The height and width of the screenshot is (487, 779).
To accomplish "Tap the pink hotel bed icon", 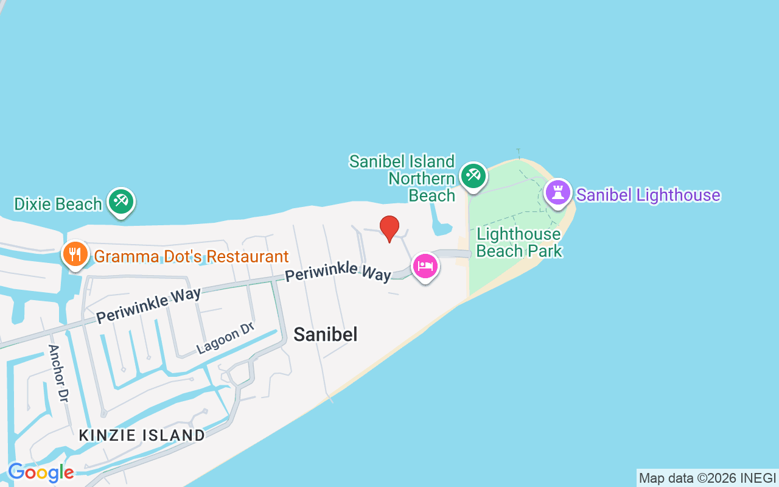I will [425, 267].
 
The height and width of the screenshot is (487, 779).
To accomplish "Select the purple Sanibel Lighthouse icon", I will [557, 193].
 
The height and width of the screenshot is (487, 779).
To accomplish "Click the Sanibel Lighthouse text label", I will [648, 195].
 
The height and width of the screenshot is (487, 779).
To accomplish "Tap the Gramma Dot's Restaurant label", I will [191, 256].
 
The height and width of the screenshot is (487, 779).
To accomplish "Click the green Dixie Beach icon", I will [121, 201].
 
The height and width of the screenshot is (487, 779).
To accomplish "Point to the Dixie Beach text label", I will [58, 204].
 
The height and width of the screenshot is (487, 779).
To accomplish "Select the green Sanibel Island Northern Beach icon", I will [473, 176].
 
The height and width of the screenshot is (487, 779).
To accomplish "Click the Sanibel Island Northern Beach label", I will [402, 178].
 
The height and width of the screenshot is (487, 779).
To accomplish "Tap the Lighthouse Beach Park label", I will [519, 242].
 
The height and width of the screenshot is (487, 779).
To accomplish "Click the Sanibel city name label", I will [325, 334].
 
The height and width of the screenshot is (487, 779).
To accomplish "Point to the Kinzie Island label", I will [142, 435].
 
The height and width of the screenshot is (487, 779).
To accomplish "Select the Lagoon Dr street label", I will [225, 338].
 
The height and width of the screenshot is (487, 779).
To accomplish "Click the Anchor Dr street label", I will [57, 373].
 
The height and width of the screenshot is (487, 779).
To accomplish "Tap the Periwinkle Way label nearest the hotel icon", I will [338, 270].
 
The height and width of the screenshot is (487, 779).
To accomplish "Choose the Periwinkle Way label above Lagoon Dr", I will [148, 306].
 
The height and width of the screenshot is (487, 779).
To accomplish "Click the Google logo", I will [41, 472].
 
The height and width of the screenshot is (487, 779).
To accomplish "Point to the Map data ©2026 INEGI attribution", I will [707, 478].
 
